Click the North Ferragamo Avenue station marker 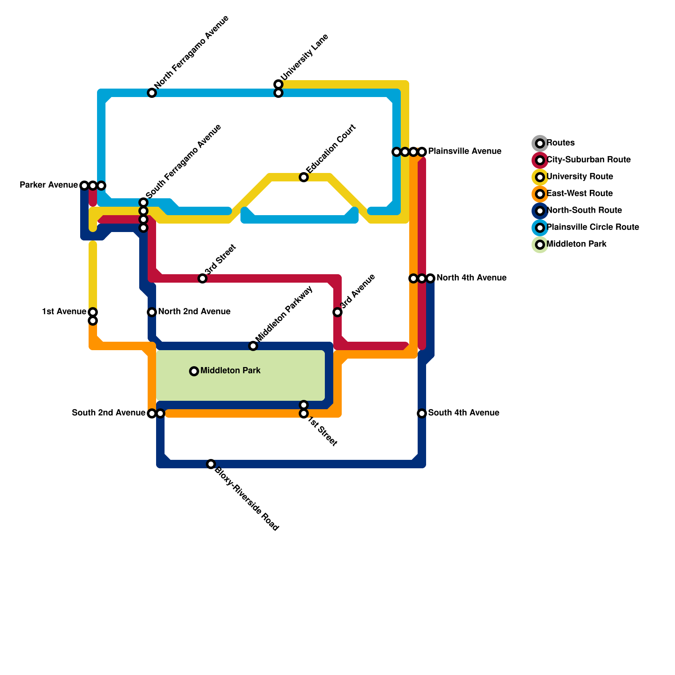(152, 93)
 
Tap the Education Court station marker (304, 177)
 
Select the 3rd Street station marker (202, 278)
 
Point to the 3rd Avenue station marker (337, 312)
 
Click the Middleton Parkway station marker (253, 346)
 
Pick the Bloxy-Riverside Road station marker (211, 464)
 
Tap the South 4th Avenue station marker (422, 413)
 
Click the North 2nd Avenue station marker (152, 312)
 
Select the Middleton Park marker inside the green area (194, 371)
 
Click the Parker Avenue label (49, 185)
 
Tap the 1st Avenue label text (64, 312)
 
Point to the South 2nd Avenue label (108, 413)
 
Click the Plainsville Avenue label (464, 151)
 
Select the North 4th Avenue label (471, 278)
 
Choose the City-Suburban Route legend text (589, 160)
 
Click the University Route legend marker (540, 177)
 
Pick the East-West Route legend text (580, 194)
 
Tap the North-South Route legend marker (540, 211)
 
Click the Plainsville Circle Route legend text (593, 227)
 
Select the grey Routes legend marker (540, 143)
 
